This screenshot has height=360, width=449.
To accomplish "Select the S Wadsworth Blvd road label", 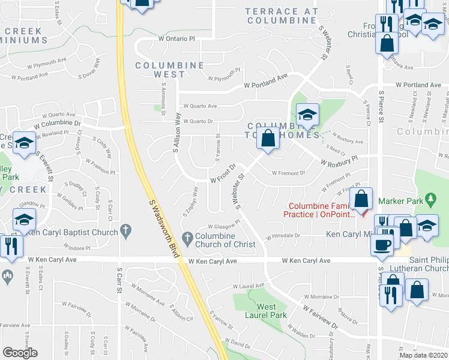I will point(164,221).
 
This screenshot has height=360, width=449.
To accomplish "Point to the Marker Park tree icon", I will point(430,197).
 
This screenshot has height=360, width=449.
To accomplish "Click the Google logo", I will point(20,353).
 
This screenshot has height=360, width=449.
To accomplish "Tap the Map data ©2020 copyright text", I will point(423,355).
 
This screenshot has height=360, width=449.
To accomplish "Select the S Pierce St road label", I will point(381,106).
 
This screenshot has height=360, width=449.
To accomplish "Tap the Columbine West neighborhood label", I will point(160,70).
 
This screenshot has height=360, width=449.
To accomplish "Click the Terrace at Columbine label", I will point(281,16).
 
